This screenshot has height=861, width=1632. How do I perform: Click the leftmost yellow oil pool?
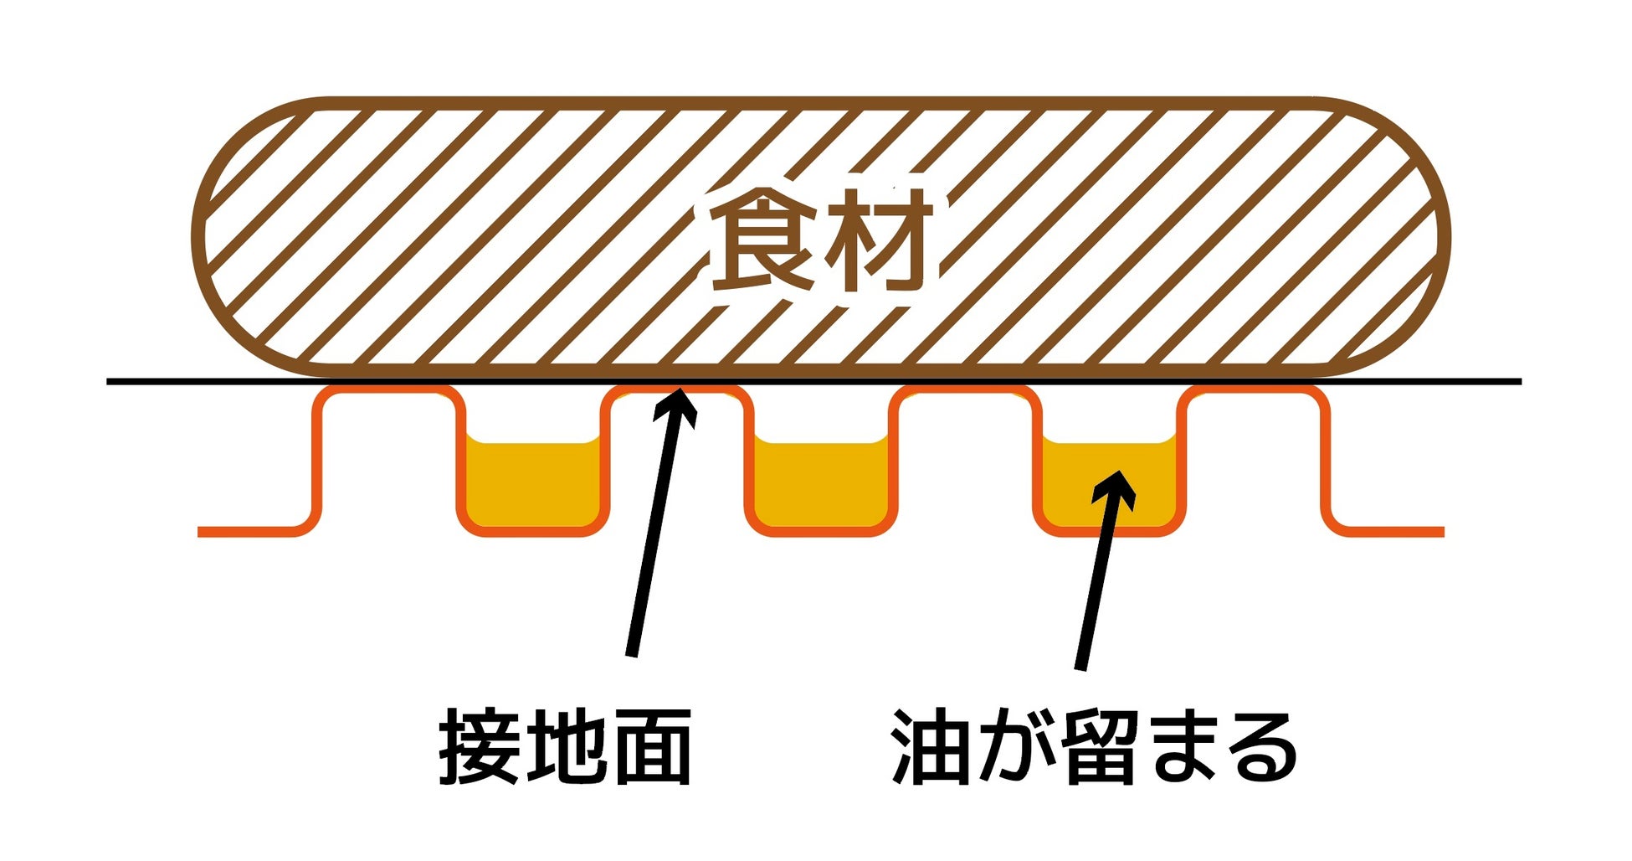pyautogui.click(x=533, y=486)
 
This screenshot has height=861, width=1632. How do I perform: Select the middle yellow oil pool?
pyautogui.click(x=821, y=486)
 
